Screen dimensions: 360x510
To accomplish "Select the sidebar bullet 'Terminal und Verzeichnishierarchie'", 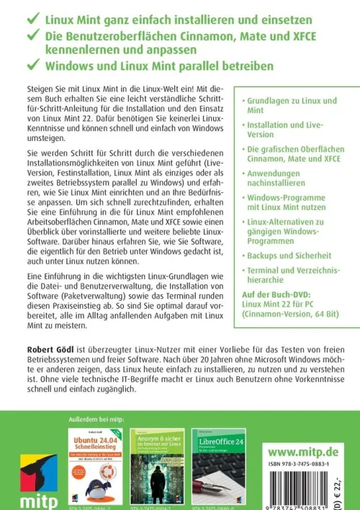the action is point(290,275).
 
